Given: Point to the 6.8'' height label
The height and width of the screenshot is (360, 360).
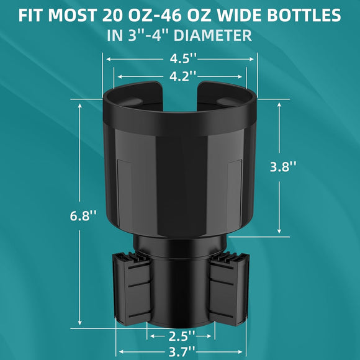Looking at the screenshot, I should click(x=84, y=216).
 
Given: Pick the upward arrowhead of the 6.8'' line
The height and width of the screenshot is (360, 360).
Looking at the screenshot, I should click(x=80, y=104).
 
